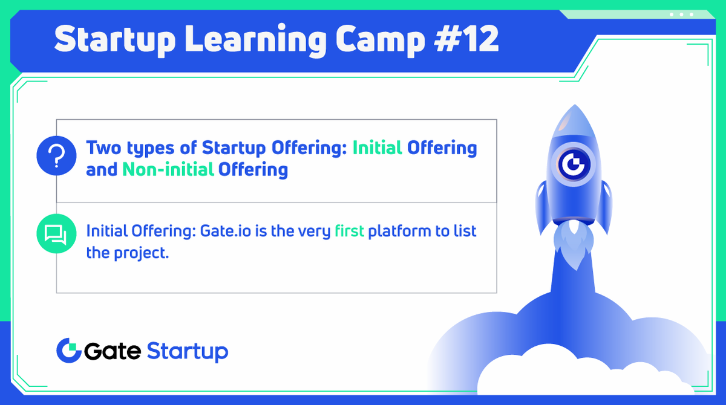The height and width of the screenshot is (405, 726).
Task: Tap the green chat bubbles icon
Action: [56, 233]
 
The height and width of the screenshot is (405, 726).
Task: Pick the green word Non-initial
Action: [168, 169]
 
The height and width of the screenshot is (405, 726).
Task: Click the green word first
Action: [349, 231]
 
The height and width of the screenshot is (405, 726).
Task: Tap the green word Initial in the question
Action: [377, 147]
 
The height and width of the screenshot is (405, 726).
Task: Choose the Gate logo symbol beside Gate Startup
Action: [68, 351]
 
